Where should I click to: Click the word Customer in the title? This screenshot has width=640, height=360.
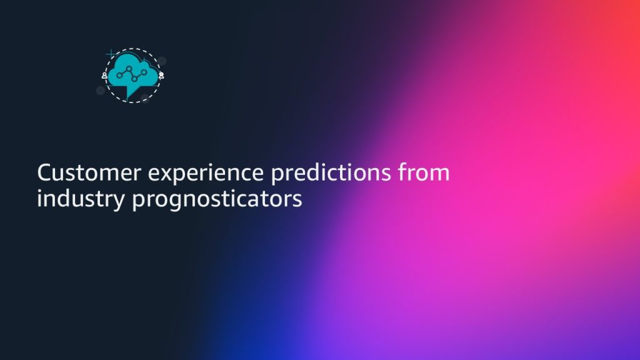click(x=89, y=172)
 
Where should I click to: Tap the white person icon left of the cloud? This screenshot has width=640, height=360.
click(x=105, y=76)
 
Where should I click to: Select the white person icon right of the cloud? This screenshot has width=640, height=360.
click(x=161, y=76)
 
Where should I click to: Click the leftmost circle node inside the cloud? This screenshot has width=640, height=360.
click(x=119, y=75)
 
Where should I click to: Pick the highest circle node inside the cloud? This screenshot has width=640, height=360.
click(x=129, y=69)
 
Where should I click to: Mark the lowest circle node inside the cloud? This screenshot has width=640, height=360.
click(x=134, y=79)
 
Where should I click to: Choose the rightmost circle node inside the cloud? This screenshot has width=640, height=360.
click(x=144, y=72)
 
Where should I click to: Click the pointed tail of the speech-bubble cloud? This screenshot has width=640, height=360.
click(x=127, y=98)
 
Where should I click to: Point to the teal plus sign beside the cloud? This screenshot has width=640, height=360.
click(x=111, y=54)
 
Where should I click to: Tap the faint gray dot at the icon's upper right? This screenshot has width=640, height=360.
click(x=162, y=61)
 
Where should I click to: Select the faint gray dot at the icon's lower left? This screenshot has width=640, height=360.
click(x=101, y=90)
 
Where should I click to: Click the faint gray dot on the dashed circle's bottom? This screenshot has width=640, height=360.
click(x=145, y=98)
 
